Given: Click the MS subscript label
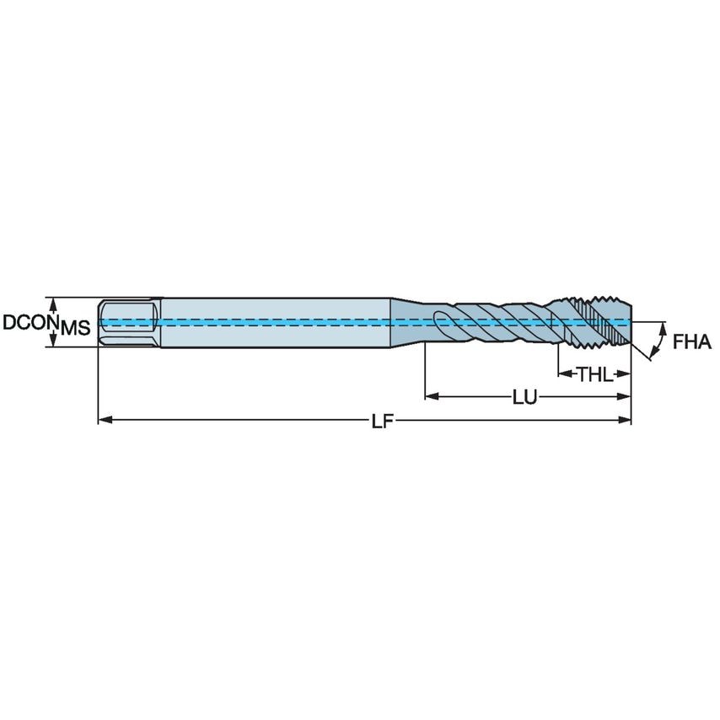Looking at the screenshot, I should (x=75, y=328).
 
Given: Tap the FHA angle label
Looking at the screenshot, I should (x=692, y=342).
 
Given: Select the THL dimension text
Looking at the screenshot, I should (x=595, y=374).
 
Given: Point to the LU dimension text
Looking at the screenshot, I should (x=524, y=396).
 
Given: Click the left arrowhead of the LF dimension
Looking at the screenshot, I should (x=104, y=419).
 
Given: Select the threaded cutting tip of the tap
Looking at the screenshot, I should (x=594, y=322).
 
